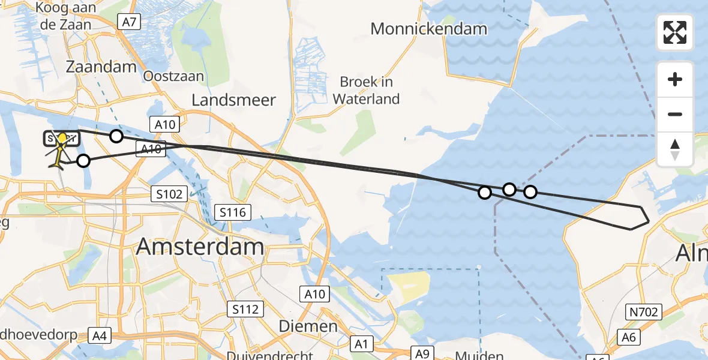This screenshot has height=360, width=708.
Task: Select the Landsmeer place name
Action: coord(233,100)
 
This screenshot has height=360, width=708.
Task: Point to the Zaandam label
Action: coord(101,67)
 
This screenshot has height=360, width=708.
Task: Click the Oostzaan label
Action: coord(173,76)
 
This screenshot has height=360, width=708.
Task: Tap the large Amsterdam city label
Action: coord(200,247)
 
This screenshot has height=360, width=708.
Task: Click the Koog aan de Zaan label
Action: coord(64,17)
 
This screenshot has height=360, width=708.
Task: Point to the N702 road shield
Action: coord(645,312)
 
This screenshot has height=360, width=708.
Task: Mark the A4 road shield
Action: coord(100,335)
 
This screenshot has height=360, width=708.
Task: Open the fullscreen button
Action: coord(675,32)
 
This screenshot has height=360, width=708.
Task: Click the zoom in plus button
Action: coord(675,79)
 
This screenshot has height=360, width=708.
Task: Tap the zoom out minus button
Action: coord(675,114)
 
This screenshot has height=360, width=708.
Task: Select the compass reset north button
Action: coord(675,149)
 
